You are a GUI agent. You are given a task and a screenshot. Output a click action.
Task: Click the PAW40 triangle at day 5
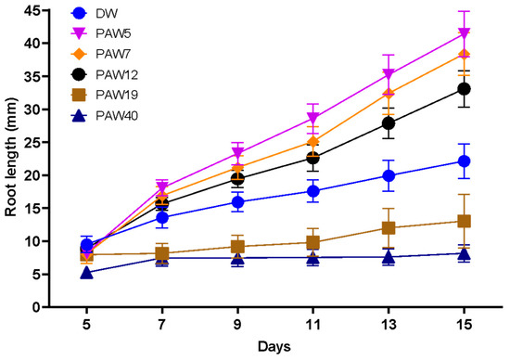click(x=86, y=272)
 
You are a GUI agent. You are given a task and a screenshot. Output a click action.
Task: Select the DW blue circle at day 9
click(x=237, y=201)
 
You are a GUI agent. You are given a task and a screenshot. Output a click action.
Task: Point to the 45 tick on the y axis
click(x=44, y=10)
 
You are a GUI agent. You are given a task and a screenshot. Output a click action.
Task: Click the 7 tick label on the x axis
click(x=161, y=326)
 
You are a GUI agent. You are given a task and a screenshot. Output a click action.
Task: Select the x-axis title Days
click(x=274, y=347)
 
